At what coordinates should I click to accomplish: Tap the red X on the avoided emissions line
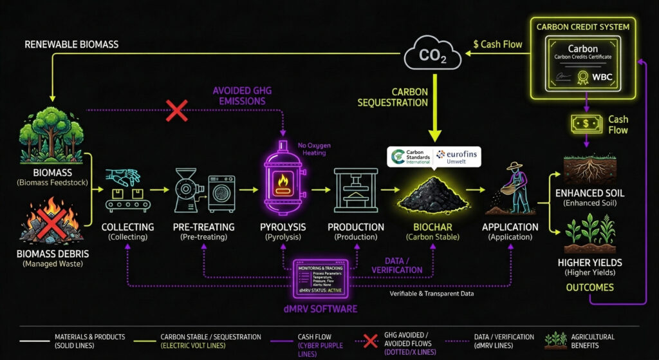pyautogui.click(x=177, y=110)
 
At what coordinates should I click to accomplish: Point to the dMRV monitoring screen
pyautogui.click(x=320, y=279)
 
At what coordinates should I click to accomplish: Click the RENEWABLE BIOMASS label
pyautogui.click(x=71, y=45)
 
